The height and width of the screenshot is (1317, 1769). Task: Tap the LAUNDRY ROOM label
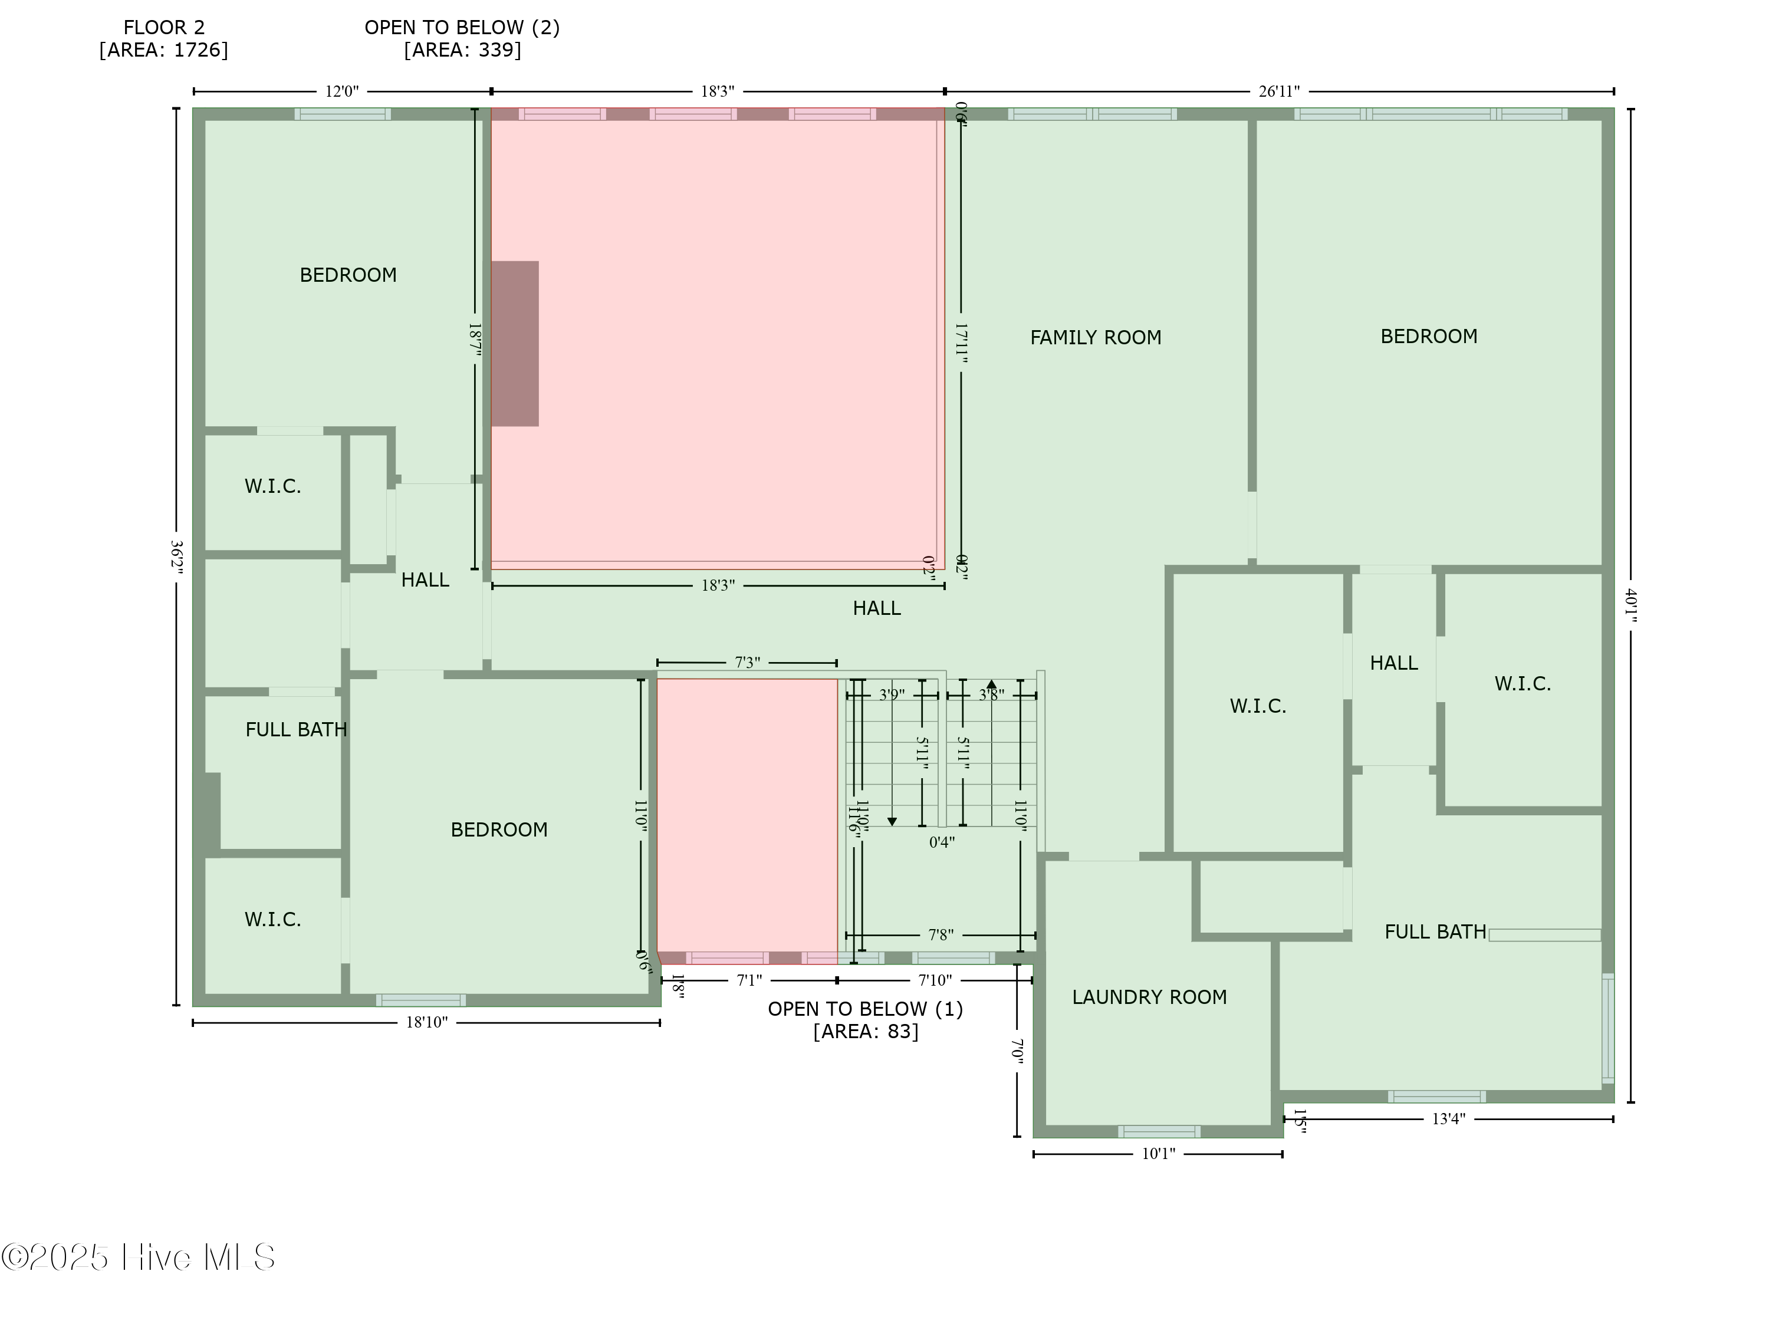pyautogui.click(x=1149, y=996)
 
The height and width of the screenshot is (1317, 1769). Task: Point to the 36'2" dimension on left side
pyautogui.click(x=176, y=557)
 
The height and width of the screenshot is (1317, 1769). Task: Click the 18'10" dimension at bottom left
pyautogui.click(x=426, y=1022)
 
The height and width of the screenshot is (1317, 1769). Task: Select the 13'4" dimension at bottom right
pyautogui.click(x=1448, y=1118)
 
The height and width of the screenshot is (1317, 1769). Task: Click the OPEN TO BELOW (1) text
pyautogui.click(x=865, y=1009)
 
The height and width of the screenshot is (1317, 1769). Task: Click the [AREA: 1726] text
pyautogui.click(x=163, y=50)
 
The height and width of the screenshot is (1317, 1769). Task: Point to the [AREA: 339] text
pyautogui.click(x=462, y=50)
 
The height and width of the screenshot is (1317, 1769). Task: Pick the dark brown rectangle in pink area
pyautogui.click(x=514, y=344)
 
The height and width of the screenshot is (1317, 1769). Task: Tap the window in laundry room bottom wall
pyautogui.click(x=1158, y=1131)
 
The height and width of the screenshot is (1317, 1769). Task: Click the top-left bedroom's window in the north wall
pyautogui.click(x=342, y=114)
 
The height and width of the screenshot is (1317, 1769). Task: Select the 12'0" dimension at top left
pyautogui.click(x=341, y=91)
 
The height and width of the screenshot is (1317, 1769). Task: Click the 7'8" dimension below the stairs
pyautogui.click(x=940, y=934)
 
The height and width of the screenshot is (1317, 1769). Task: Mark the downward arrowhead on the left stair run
pyautogui.click(x=892, y=821)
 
